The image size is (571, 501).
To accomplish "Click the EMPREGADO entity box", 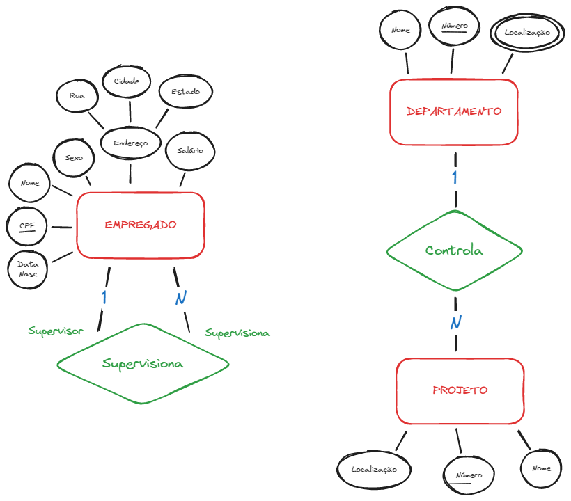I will [140, 225].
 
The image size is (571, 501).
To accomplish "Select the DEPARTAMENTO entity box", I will [453, 111].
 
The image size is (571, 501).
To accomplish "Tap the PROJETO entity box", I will [460, 390].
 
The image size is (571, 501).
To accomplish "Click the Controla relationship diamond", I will [454, 250].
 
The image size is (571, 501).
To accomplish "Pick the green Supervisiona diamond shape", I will [143, 363].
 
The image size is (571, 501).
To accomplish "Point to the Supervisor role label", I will [56, 331].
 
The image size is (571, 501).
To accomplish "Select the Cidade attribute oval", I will [126, 81].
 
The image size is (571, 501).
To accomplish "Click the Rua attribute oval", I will [77, 96].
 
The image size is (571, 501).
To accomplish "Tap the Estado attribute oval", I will [185, 92].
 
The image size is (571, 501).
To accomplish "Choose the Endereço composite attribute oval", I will [130, 143].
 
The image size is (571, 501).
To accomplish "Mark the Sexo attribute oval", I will [74, 158].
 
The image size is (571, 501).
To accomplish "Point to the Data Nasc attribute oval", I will [29, 269].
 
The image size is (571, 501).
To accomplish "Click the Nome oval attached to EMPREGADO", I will [30, 184].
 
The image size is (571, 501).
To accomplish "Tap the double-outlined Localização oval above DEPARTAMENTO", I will [527, 33].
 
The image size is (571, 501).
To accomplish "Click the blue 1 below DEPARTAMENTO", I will [455, 177].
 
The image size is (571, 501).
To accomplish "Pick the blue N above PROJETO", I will [455, 322].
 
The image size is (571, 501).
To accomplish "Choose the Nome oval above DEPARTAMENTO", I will [400, 31].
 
